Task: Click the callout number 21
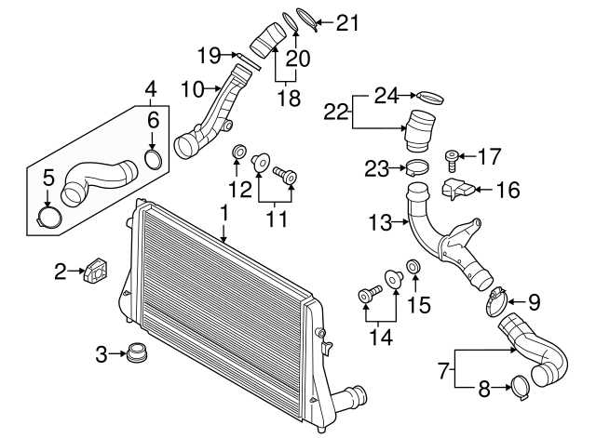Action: [x=346, y=20]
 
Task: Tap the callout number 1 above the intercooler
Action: [x=223, y=215]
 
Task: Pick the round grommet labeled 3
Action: [x=138, y=354]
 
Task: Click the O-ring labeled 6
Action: [x=156, y=159]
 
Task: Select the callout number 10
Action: [x=192, y=89]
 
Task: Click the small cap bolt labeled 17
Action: [x=454, y=159]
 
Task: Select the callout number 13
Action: [x=377, y=222]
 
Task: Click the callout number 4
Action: [x=149, y=91]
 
